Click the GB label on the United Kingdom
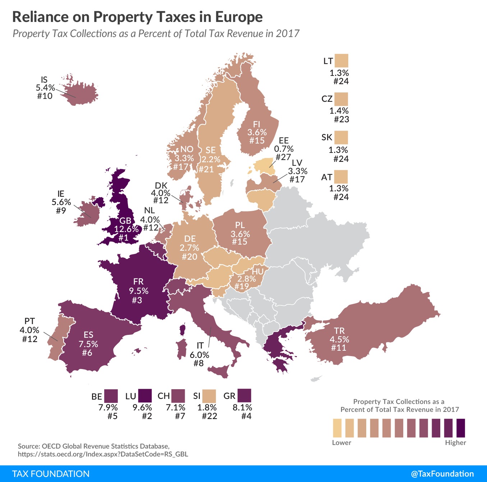pos(125,220)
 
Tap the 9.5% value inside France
pos(139,291)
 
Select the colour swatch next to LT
pos(341,61)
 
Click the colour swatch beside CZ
pos(341,99)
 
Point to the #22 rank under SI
pos(210,416)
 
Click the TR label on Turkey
pos(339,331)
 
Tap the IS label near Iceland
pos(44,80)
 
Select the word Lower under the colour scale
pos(341,442)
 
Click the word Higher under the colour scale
pos(455,442)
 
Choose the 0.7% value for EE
pos(284,149)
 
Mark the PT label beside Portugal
pos(29,321)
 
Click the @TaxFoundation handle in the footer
pos(442,474)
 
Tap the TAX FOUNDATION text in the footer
pos(51,474)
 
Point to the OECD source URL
pos(103,454)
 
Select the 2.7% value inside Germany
pos(189,247)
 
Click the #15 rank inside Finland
pos(257,140)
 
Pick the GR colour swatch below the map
pos(244,395)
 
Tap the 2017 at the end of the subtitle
pos(288,33)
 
